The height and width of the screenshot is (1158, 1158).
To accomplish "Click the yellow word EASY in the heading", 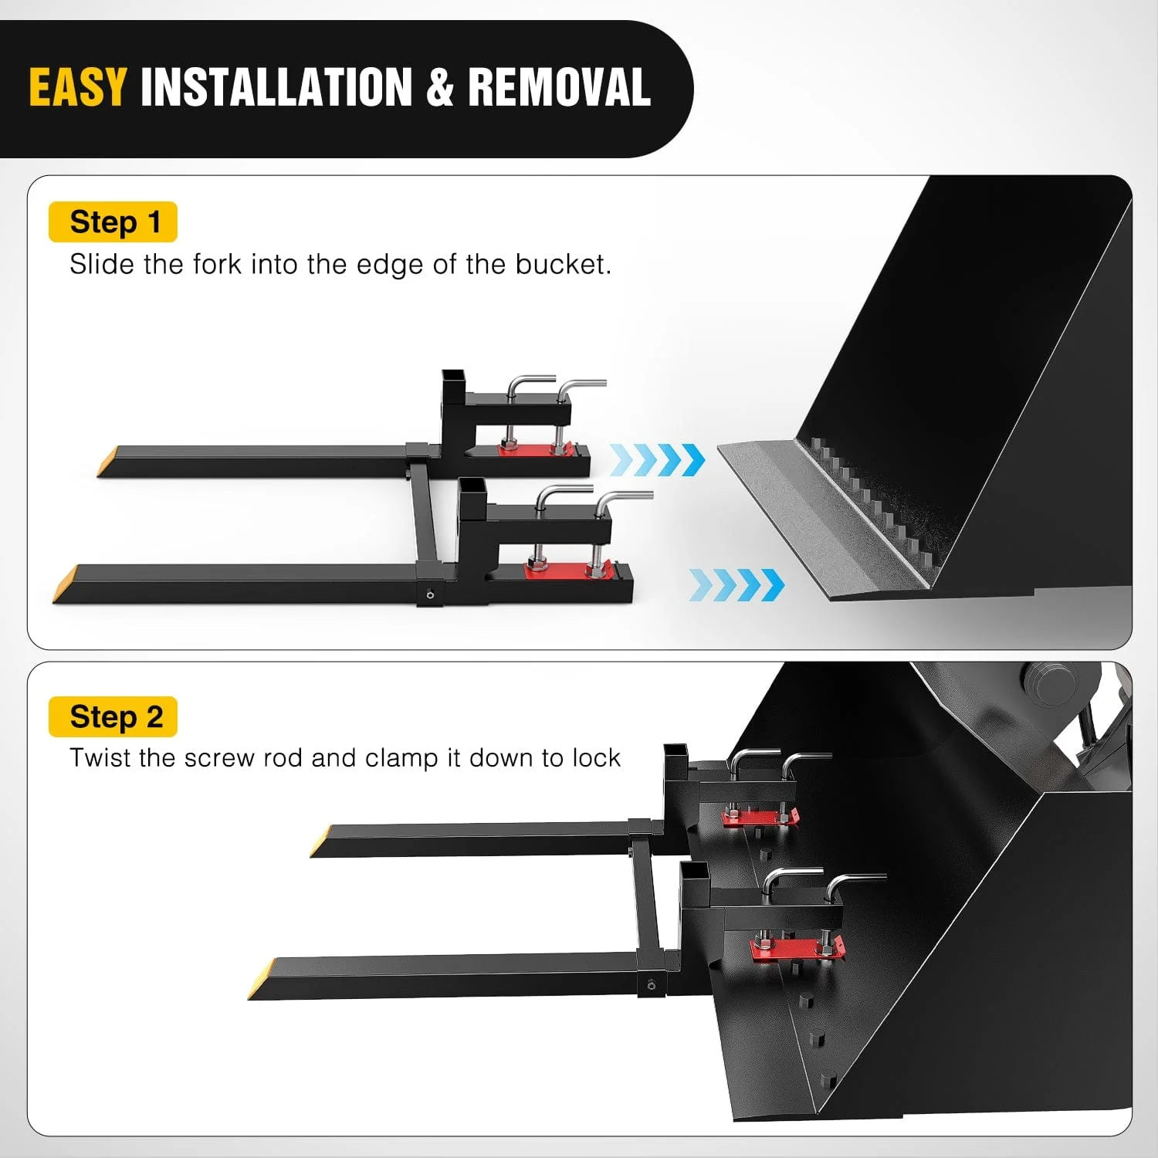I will point(77,86).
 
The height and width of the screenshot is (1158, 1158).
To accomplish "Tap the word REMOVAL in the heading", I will point(559,86).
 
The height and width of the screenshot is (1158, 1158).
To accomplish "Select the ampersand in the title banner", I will point(439,86).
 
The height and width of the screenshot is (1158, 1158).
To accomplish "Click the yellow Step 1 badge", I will point(113,222).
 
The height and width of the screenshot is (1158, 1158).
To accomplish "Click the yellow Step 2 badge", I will point(113,716).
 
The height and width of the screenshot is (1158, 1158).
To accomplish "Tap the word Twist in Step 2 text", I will point(100,758).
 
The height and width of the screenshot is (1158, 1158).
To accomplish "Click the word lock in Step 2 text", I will point(596,758).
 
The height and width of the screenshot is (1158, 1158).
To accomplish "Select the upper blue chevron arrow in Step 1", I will point(657,460).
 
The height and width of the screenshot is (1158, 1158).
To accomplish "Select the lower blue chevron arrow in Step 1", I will point(736,584).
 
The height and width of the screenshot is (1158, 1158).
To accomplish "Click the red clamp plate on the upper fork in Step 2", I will point(759,818).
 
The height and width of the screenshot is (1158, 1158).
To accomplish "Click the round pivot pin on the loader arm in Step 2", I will point(1050,683).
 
